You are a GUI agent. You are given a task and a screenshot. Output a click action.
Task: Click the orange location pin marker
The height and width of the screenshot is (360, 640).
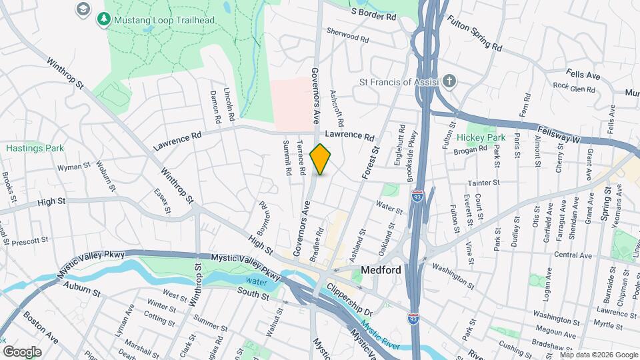pos(321,159)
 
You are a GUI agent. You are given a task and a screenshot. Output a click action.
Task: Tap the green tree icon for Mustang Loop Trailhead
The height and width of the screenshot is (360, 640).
pos(103,20)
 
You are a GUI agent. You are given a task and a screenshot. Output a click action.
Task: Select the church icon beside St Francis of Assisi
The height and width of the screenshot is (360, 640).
pos(450,82)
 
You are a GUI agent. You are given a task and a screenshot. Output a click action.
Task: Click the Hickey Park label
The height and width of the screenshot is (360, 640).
pos(481,137)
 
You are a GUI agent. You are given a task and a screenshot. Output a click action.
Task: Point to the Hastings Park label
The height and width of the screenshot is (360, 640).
pos(35,148)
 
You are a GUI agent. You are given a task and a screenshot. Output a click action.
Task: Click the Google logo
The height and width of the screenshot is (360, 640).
pos(22,351)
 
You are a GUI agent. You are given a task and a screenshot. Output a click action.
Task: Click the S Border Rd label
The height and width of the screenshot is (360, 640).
pos(377,13)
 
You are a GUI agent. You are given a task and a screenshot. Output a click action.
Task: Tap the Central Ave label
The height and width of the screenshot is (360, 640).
pos(573,255)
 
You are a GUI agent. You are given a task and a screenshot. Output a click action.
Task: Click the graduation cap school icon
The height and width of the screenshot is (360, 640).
pos(83,9)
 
